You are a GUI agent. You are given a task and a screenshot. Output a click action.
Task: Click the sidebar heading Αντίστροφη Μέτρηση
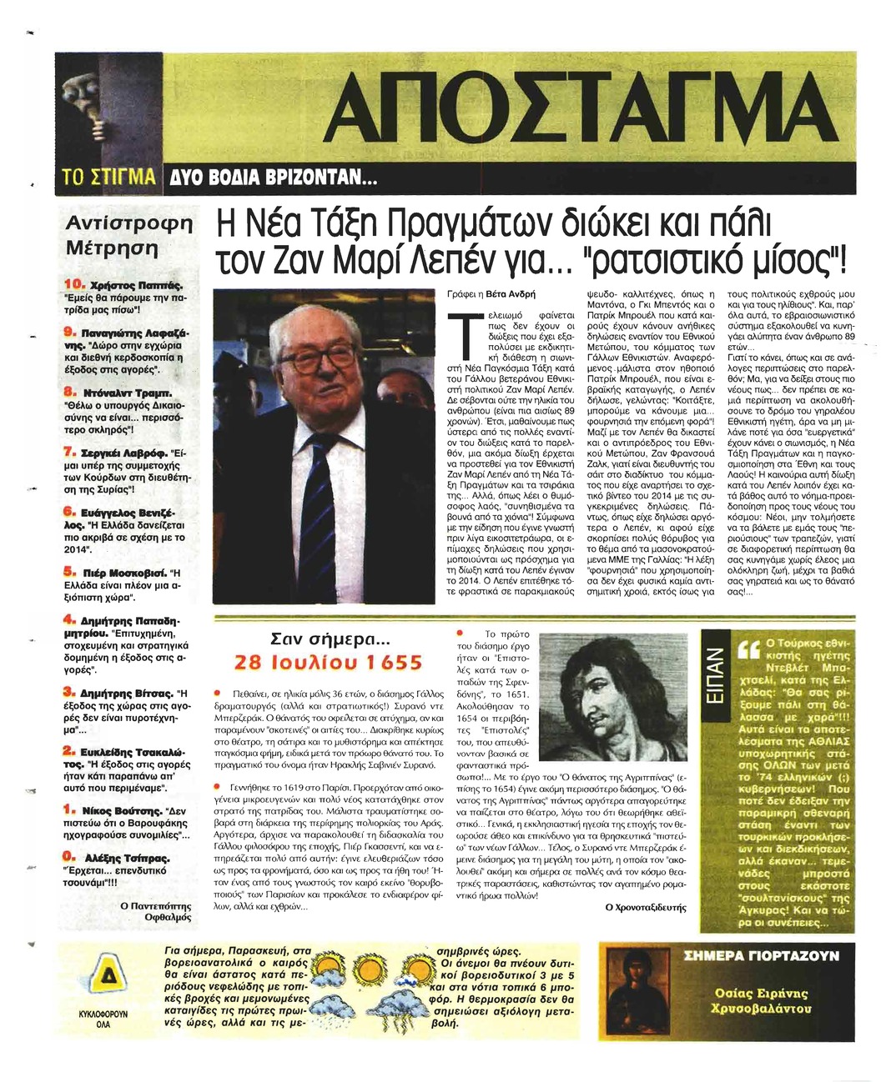coord(128,236)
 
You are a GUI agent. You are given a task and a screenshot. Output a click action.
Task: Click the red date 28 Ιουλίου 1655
coord(329,663)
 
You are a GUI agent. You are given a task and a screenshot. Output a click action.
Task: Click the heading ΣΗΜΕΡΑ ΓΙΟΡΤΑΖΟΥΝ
coord(761,957)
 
